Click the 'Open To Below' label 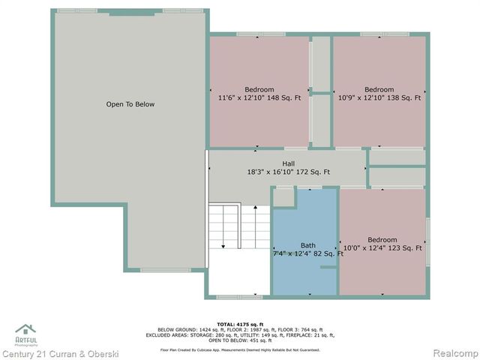point(130,104)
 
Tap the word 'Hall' point(288,163)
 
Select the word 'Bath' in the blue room point(308,245)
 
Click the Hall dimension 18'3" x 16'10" point(272,172)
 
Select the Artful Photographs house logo point(25,330)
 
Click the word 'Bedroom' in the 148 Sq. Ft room point(259,89)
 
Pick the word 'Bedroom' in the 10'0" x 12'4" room point(382,239)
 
